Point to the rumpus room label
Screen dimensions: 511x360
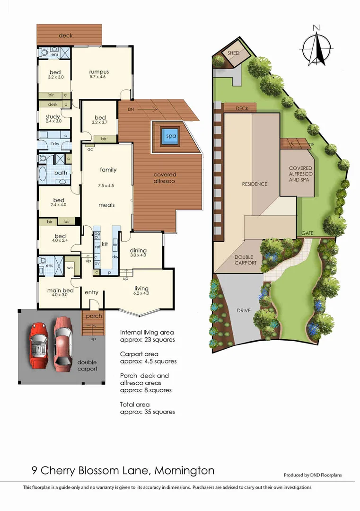tap(99, 72)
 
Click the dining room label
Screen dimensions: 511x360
tap(138, 250)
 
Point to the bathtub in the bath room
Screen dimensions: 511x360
tap(43, 173)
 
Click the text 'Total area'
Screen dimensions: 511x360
tap(135, 405)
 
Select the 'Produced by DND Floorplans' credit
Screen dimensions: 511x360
tap(313, 475)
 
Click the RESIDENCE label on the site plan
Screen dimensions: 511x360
tap(255, 184)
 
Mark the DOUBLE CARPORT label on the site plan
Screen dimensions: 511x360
tap(245, 260)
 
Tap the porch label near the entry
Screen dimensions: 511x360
tap(94, 316)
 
